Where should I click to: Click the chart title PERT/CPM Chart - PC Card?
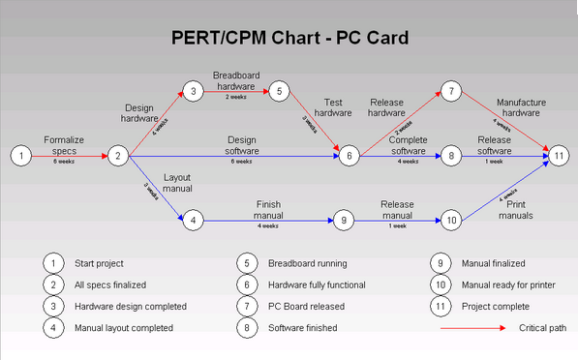(x=289, y=39)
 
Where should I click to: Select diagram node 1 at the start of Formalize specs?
(x=19, y=155)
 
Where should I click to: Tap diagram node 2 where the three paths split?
(x=117, y=155)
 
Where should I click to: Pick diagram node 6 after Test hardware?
(x=350, y=155)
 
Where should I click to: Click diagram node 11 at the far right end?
(x=558, y=155)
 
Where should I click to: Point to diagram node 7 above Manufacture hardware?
(x=451, y=92)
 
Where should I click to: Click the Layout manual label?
(x=177, y=184)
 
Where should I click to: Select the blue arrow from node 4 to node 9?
(x=266, y=220)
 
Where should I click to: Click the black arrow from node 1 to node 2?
(x=68, y=155)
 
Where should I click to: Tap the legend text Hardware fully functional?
(x=316, y=285)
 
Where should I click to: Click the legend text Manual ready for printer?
(x=511, y=285)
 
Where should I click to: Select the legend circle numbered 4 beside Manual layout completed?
(x=53, y=328)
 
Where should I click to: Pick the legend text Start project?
(x=100, y=262)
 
